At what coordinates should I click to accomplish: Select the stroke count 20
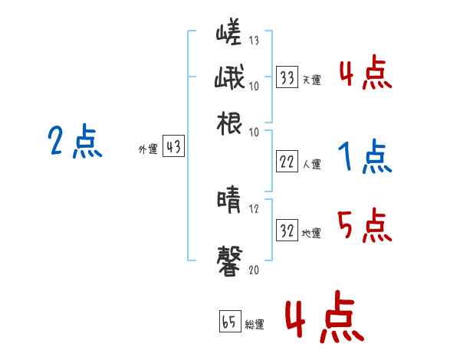tap(255, 270)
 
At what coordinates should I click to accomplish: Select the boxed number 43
tap(173, 147)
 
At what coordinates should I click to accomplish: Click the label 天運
tap(311, 80)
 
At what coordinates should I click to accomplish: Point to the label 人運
tap(311, 163)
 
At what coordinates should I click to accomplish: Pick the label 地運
tap(311, 233)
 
